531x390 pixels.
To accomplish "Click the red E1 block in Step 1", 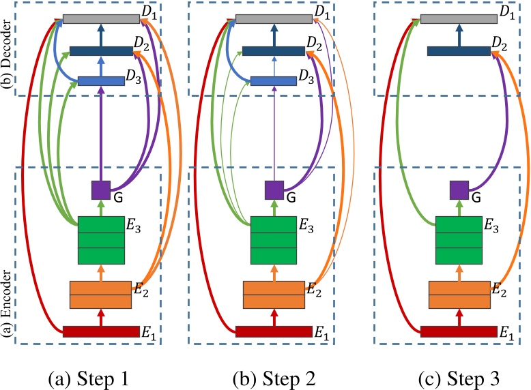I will (x=101, y=332).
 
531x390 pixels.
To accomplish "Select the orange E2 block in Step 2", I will (x=274, y=295).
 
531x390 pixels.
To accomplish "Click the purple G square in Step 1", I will (x=101, y=190).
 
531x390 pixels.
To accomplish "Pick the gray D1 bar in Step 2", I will (x=274, y=19).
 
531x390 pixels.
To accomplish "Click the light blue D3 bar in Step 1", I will (x=101, y=81).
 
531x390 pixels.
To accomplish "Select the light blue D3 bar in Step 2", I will (x=274, y=81).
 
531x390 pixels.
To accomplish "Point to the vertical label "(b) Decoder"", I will (x=7, y=50).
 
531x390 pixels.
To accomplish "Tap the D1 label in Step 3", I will (x=507, y=11).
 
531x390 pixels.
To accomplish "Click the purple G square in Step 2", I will (x=274, y=190).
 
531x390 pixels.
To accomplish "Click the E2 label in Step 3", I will (x=500, y=290).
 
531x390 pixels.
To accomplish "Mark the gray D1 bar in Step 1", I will (x=101, y=19).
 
